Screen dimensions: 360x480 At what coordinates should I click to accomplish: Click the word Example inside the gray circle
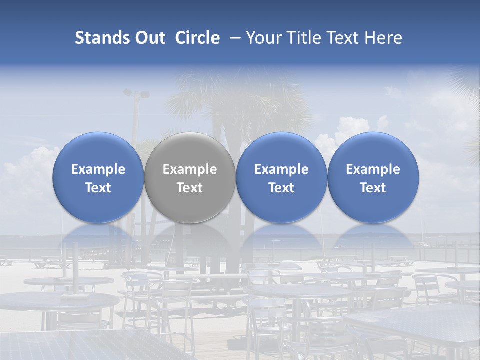pos(190,169)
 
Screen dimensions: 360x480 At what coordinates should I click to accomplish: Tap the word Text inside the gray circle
pos(190,188)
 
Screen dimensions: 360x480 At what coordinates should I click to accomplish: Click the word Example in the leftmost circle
pos(98,169)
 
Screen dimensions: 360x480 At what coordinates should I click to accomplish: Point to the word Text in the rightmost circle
pos(373,188)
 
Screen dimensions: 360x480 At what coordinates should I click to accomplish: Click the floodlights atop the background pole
pos(136,93)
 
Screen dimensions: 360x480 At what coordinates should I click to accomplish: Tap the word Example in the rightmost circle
pos(373,169)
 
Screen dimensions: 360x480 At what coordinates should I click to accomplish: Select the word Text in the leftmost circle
pos(98,188)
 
